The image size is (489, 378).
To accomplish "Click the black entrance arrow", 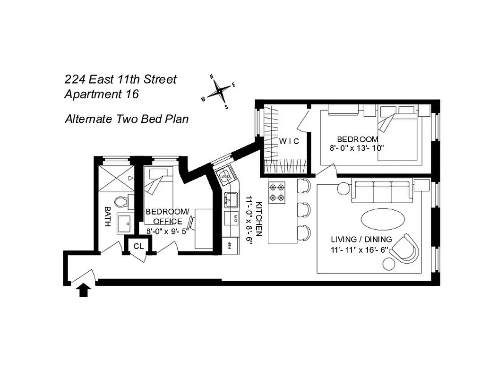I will click(83, 290).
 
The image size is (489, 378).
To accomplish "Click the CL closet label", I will click(138, 246).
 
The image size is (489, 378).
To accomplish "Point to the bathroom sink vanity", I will click(125, 224).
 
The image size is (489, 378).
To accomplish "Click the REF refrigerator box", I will click(230, 245).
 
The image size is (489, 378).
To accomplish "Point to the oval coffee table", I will click(383, 219).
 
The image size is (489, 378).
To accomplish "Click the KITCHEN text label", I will click(258, 218).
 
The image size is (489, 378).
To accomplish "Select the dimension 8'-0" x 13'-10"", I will click(356, 147).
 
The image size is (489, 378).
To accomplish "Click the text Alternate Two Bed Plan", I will click(126, 119).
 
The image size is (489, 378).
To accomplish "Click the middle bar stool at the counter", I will click(304, 209).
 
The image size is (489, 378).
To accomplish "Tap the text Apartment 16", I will click(101, 94).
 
